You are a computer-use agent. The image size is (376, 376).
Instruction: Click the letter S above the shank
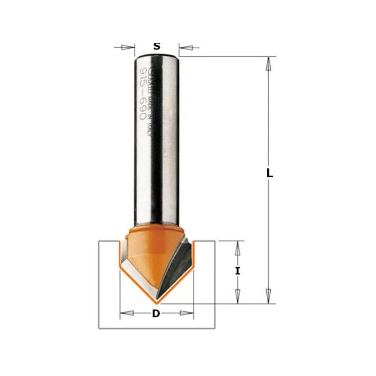[156, 46]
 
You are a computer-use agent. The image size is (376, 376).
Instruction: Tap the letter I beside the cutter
[237, 272]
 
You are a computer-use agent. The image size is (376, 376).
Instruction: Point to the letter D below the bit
[156, 314]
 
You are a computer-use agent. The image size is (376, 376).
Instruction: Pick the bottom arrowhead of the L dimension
[267, 298]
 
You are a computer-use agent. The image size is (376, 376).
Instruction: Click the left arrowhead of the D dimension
[124, 312]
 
